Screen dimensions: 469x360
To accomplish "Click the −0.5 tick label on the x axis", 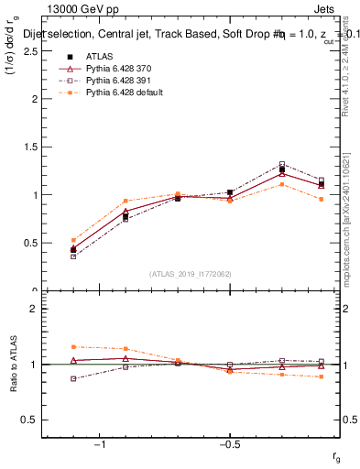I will click(x=229, y=445).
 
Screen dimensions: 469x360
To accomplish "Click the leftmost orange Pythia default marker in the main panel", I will click(x=73, y=240).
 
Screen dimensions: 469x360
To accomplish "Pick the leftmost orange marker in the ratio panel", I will click(x=73, y=346).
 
